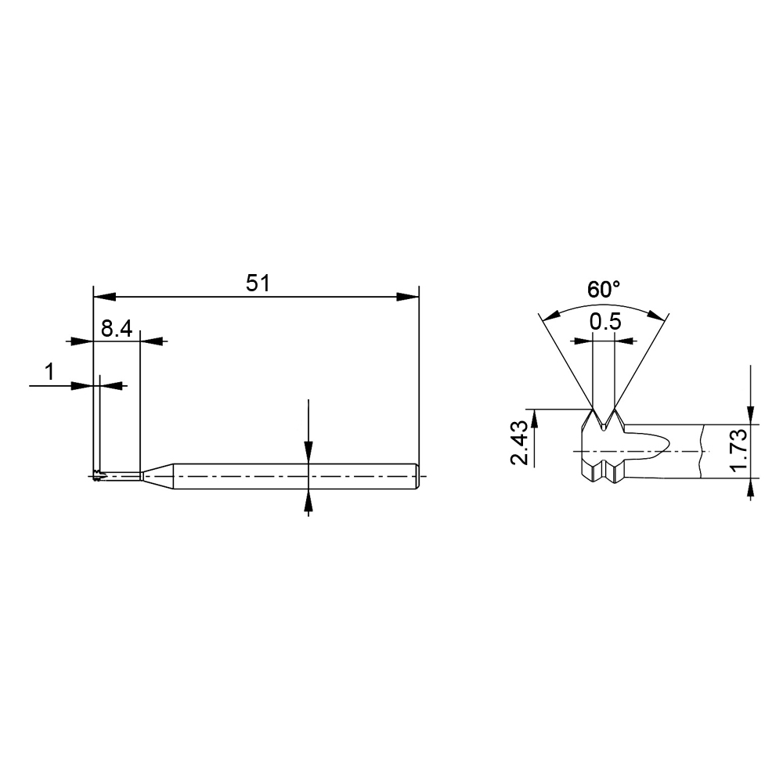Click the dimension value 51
click(x=258, y=283)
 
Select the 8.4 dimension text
click(x=117, y=329)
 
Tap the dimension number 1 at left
click(x=49, y=372)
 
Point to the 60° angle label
click(x=603, y=290)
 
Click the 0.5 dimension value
click(x=605, y=322)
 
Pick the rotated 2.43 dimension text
click(x=519, y=442)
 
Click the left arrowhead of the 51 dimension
click(x=105, y=297)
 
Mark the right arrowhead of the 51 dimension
click(x=407, y=297)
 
